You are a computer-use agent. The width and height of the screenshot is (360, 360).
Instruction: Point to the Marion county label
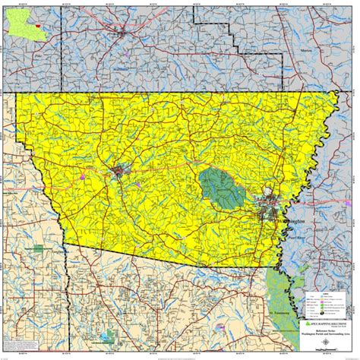306,50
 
